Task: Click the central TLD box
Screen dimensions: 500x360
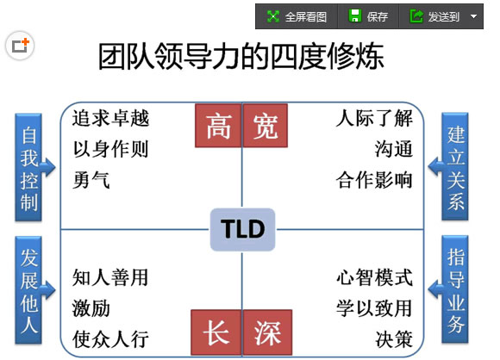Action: [x=242, y=229]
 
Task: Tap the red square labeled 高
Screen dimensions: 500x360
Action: [x=218, y=126]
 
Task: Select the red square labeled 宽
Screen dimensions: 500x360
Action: [x=266, y=126]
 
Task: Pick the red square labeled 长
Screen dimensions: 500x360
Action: [x=216, y=332]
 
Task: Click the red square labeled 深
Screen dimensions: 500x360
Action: [x=267, y=332]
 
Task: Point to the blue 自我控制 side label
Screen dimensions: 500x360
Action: [x=28, y=167]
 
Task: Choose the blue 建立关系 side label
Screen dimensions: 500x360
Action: [x=455, y=166]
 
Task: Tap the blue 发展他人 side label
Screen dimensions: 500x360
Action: [x=28, y=290]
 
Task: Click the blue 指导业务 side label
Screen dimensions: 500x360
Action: [x=455, y=289]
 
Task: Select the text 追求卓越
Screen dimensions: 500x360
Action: [x=110, y=119]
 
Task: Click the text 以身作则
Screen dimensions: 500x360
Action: [x=110, y=149]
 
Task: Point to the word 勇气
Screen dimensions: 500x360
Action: [x=91, y=180]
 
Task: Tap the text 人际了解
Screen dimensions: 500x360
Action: [x=374, y=118]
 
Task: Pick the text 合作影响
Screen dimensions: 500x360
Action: [x=374, y=180]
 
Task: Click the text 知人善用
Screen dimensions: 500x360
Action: [x=110, y=277]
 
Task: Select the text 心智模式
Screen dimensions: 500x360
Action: [x=375, y=277]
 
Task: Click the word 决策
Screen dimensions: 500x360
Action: [x=394, y=339]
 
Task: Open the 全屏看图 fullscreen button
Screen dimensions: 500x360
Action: [x=297, y=16]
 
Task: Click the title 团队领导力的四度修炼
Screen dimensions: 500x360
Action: [x=241, y=56]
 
